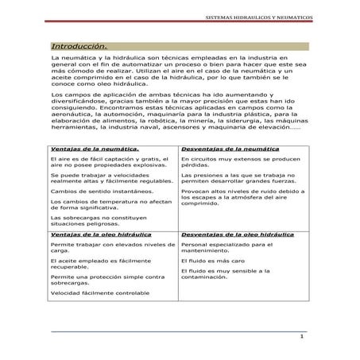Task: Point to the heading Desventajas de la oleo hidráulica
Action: [x=236, y=235]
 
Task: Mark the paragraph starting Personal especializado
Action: [x=230, y=249]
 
